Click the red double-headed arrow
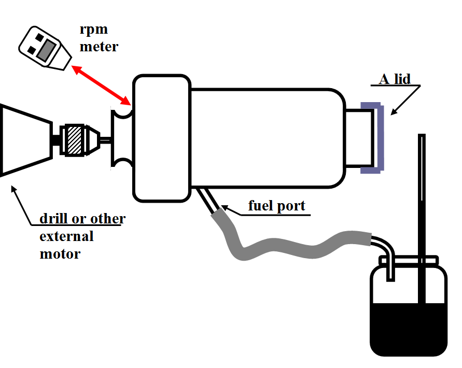pyautogui.click(x=101, y=84)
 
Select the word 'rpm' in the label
pyautogui.click(x=94, y=29)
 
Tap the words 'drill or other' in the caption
pyautogui.click(x=82, y=219)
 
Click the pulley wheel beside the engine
pyautogui.click(x=122, y=138)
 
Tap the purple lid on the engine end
pyautogui.click(x=378, y=137)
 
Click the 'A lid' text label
pyautogui.click(x=395, y=79)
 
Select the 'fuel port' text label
pyautogui.click(x=276, y=206)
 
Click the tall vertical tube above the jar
pyautogui.click(x=422, y=197)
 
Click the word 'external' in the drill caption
pyautogui.click(x=66, y=236)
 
